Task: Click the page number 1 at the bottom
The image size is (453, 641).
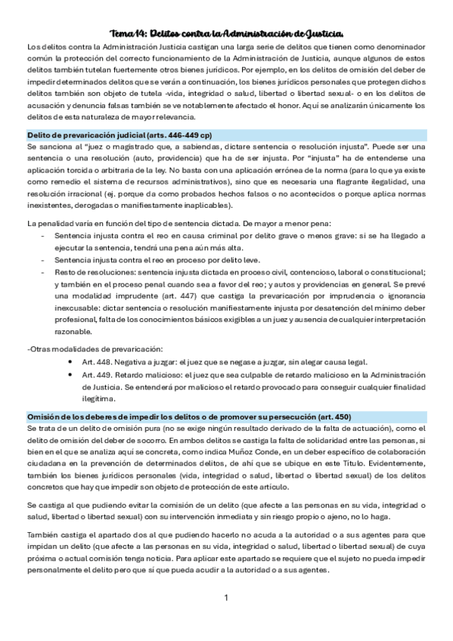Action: [x=226, y=598]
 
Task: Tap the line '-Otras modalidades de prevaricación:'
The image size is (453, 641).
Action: [x=95, y=348]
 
